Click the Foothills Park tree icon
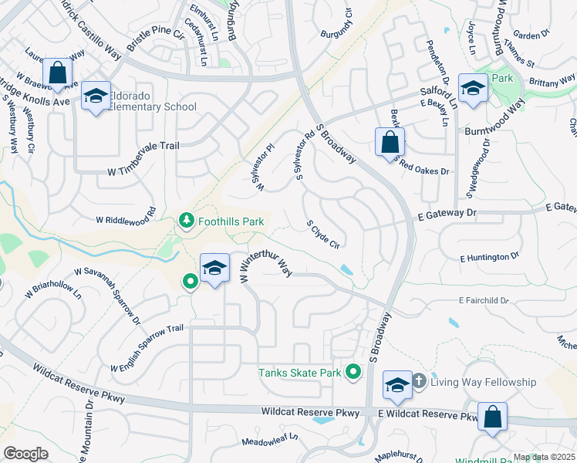pos(186,221)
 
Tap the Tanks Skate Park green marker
pos(353,373)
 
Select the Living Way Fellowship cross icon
pos(419,381)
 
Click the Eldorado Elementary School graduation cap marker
pos(96,96)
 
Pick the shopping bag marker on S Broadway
pos(390,143)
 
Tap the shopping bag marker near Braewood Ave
pos(57,73)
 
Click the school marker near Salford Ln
pos(472,89)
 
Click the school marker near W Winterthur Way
pos(214,268)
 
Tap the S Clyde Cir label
pos(324,234)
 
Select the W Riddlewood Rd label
pos(127,215)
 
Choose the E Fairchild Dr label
pos(484,300)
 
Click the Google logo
pos(25,454)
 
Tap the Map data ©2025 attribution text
pos(544,457)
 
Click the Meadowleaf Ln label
pos(269,441)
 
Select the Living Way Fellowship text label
pos(483,382)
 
